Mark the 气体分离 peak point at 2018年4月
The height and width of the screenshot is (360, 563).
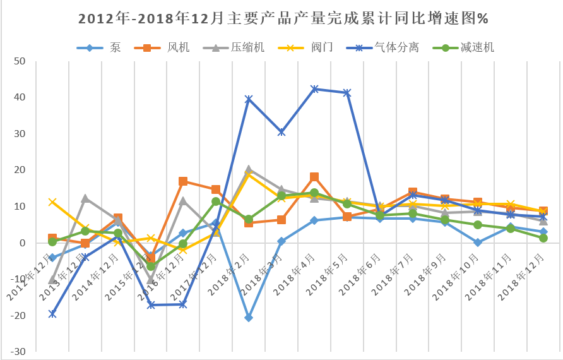pyautogui.click(x=314, y=89)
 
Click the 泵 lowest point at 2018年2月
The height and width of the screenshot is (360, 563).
pyautogui.click(x=249, y=318)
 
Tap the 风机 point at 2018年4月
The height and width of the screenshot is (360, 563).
pyautogui.click(x=314, y=177)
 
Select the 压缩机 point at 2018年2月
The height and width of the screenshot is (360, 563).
pyautogui.click(x=249, y=169)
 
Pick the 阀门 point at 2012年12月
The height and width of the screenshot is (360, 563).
pyautogui.click(x=52, y=202)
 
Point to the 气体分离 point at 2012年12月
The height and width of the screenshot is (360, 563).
pyautogui.click(x=52, y=314)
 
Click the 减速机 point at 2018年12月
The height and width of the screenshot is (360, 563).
pyautogui.click(x=543, y=238)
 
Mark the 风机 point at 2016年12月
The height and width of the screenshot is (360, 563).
pyautogui.click(x=183, y=181)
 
